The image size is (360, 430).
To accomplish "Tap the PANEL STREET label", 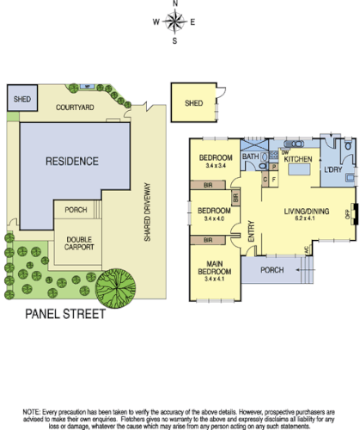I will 64,314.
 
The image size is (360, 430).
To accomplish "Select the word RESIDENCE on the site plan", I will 72,161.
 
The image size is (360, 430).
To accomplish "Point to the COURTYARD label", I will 74,108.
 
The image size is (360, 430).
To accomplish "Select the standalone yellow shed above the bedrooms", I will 194,104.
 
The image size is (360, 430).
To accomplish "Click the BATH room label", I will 251,157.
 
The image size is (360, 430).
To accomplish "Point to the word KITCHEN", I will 297,160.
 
